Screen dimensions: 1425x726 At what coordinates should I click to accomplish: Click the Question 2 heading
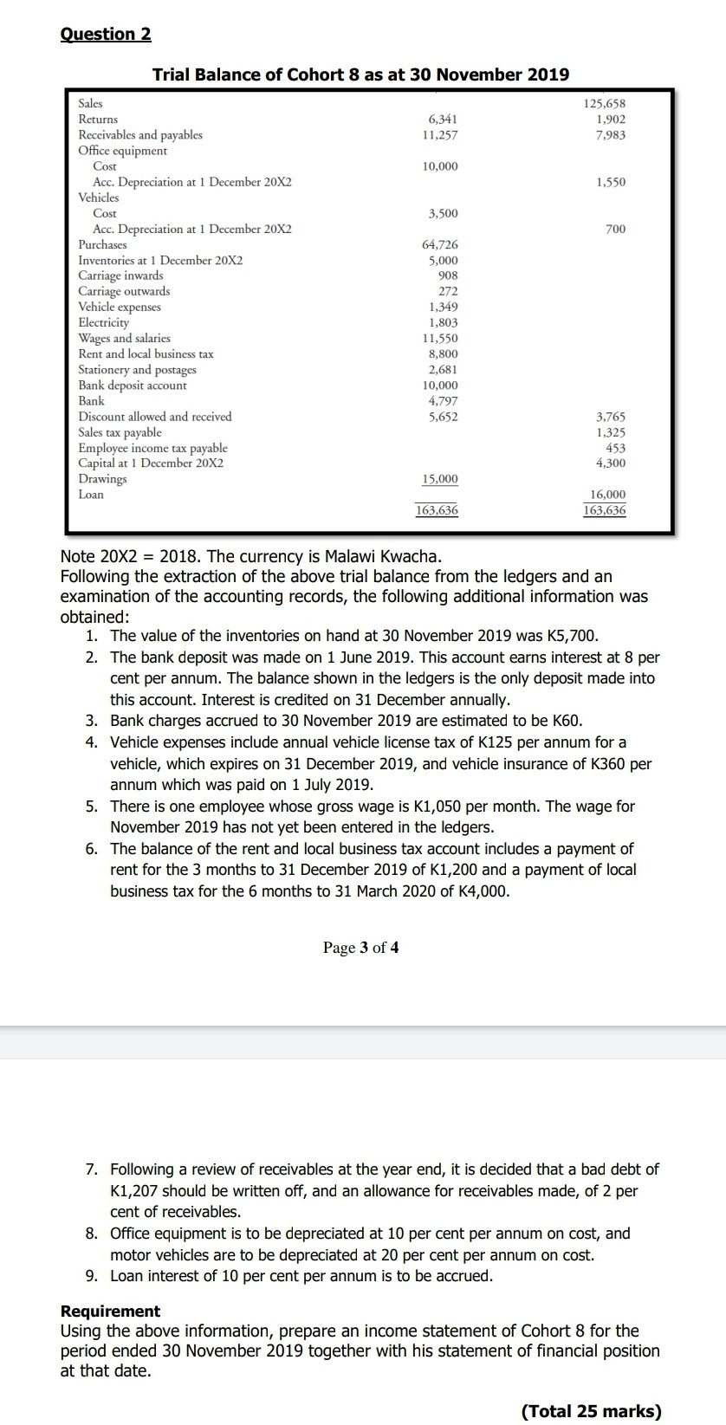[106, 34]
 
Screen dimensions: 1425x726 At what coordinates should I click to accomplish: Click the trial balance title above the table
[360, 74]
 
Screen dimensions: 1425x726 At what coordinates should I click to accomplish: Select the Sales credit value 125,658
[605, 104]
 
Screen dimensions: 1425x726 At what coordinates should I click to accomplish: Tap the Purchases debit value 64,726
[443, 245]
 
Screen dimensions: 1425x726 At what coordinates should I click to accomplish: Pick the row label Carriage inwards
[120, 275]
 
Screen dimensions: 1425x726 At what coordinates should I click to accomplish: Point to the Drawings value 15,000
[440, 479]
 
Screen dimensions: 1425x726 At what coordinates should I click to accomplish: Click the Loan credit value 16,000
[607, 495]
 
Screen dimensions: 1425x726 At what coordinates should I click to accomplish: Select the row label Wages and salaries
[124, 339]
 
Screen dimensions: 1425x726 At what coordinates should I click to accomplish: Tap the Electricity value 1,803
[444, 322]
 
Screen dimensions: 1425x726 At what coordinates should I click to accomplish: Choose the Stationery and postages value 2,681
[444, 370]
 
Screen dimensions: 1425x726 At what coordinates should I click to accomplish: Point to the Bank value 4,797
[444, 401]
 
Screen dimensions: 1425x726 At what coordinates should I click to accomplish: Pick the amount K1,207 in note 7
[139, 1191]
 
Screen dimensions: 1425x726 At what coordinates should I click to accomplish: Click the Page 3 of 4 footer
[360, 948]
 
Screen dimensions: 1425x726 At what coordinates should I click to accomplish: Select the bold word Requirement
[110, 1312]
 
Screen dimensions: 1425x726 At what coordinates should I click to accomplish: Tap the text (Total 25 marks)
[591, 1411]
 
